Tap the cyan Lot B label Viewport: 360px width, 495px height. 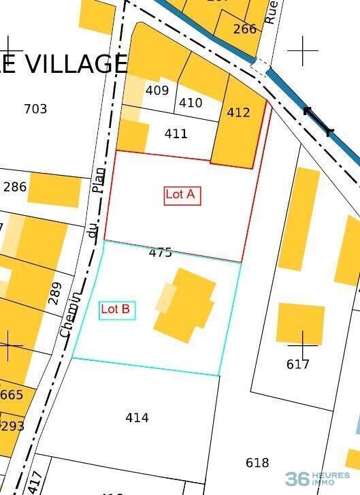pos(116,310)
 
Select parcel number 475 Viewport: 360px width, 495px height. pos(160,253)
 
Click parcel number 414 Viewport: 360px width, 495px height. pos(137,417)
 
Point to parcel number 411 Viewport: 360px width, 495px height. pos(176,133)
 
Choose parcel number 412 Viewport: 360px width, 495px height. pos(238,112)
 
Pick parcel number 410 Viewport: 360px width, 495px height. pos(191,103)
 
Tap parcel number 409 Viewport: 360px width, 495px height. pos(157,90)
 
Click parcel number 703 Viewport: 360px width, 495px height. pos(35,108)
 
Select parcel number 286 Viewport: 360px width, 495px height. pos(15,187)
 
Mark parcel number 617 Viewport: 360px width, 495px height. pos(297,364)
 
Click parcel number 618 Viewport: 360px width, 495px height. pos(257,463)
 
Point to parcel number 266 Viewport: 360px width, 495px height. pos(245,29)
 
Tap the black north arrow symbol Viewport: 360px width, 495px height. pos(318,121)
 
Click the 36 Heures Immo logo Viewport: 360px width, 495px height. pos(317,478)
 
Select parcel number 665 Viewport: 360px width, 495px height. pos(12,395)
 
